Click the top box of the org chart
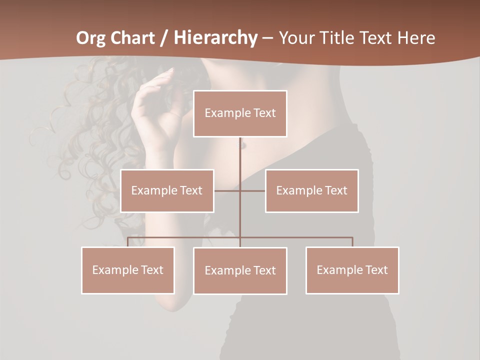pos(240,113)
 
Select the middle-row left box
pos(167,190)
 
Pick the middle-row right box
pos(311,190)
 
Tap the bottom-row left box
pos(128,270)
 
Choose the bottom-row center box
pos(240,270)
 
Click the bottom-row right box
pos(352,270)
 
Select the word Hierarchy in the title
pos(215,38)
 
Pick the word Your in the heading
pos(296,38)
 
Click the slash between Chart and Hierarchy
pos(163,38)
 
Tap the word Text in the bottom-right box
pos(376,270)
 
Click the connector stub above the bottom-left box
pos(128,242)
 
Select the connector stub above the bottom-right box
pos(352,242)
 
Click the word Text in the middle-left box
pos(191,190)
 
